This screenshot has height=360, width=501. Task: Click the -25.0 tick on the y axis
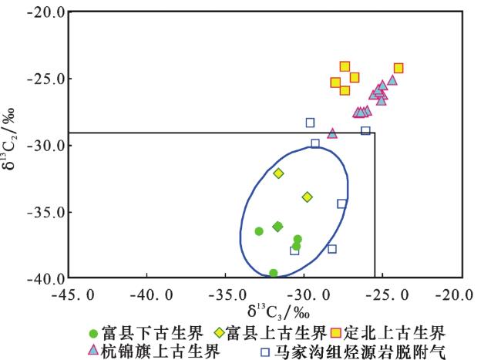(x=68, y=79)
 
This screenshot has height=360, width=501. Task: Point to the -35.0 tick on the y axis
(x=68, y=211)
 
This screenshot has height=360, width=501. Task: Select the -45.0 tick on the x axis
(x=68, y=278)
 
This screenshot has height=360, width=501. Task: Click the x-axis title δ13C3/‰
(x=278, y=313)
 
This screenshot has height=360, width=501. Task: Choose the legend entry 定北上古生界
(x=388, y=334)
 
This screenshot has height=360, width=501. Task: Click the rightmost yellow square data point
(x=398, y=68)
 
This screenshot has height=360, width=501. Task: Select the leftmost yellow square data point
(x=335, y=82)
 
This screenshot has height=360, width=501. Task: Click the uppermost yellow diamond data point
(x=278, y=173)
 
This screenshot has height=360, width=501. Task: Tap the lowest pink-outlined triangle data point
(x=332, y=133)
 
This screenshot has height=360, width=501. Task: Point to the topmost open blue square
(x=310, y=123)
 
